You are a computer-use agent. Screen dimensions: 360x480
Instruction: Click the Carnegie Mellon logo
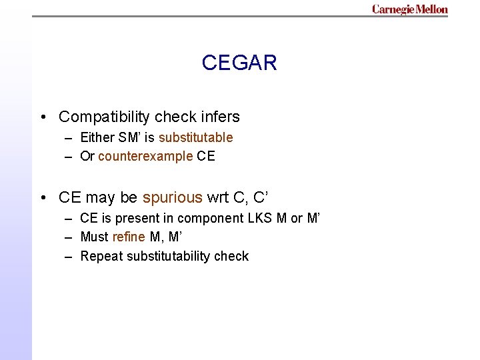tap(409, 9)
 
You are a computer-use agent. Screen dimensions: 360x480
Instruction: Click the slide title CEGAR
tap(239, 63)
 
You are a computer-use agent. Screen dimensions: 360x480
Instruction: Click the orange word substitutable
tap(195, 138)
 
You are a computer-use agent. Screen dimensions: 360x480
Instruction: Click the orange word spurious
tap(172, 198)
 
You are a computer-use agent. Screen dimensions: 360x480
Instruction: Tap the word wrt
tap(218, 198)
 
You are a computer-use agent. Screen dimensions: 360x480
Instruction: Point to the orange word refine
tap(128, 237)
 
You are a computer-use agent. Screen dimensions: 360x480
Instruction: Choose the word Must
tap(94, 237)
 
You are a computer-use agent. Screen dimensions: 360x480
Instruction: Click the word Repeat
tap(101, 257)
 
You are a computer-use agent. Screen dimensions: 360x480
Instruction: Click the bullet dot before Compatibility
tap(43, 118)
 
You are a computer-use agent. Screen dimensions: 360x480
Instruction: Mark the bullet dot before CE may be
tap(43, 199)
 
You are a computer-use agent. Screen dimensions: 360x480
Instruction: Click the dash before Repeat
tap(69, 257)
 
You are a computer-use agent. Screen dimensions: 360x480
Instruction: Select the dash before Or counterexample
tap(69, 157)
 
